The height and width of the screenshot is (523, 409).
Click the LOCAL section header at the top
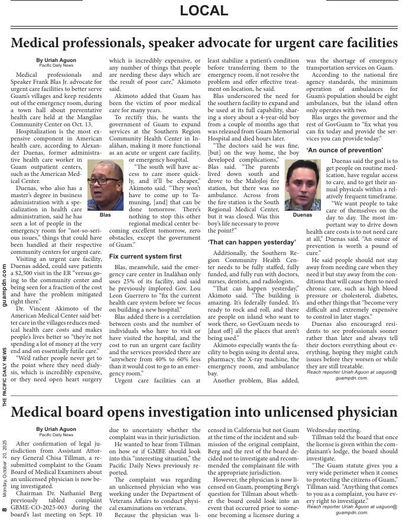coord(204,10)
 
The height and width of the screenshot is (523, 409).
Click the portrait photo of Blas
coord(105,185)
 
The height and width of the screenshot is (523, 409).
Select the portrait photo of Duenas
coord(302,185)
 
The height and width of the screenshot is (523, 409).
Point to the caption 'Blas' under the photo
coord(105,215)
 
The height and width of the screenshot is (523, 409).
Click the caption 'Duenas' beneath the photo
coord(302,215)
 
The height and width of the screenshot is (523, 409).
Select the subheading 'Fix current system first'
coord(145,256)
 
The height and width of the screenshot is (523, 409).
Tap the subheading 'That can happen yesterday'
coord(243,241)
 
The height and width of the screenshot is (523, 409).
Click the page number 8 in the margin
coord(4,509)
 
